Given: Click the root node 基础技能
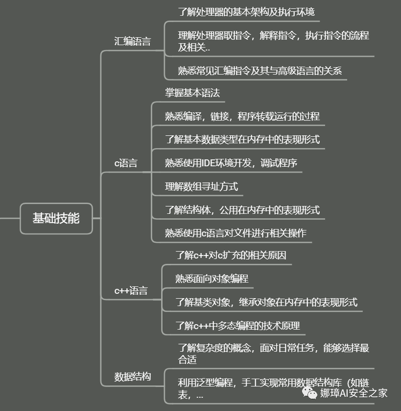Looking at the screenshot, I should [56, 218].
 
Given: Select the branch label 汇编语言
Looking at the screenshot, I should [132, 41].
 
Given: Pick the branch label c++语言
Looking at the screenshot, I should [131, 290].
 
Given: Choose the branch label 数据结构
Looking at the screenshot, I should [133, 377].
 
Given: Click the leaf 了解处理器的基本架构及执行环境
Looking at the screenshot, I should [246, 12].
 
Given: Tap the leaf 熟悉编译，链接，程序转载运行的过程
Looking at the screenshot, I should [242, 116].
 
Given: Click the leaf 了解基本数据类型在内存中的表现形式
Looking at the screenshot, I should [242, 139].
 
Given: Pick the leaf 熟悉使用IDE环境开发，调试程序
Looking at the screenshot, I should [231, 163].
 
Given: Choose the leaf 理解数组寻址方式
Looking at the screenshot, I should [201, 186].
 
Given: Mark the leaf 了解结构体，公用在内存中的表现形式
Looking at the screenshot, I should [242, 210].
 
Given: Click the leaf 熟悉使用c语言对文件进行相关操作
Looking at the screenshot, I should [236, 233].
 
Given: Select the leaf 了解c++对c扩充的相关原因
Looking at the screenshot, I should [231, 255].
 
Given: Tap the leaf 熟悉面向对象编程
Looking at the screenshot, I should [212, 279].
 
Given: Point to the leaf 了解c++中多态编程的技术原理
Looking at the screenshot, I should [237, 325].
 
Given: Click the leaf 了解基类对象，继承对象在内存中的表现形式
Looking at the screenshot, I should [266, 302].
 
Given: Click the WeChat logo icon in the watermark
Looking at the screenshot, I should [309, 392].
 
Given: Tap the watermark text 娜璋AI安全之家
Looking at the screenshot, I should [354, 393].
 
